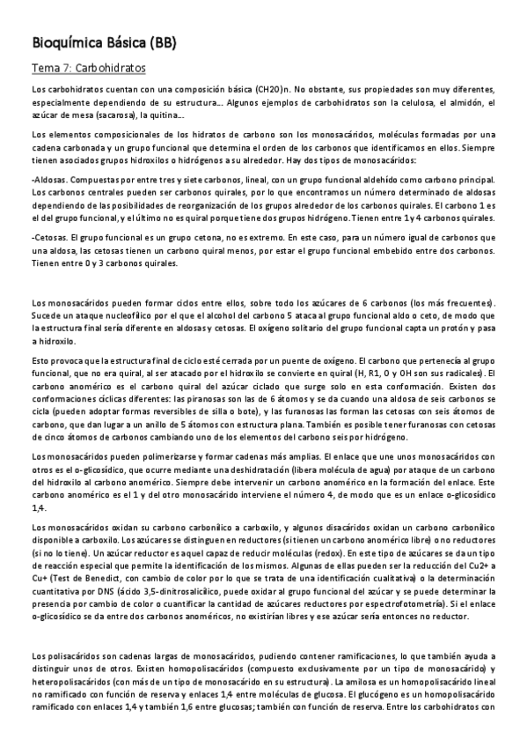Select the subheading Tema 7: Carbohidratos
pyautogui.click(x=89, y=68)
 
